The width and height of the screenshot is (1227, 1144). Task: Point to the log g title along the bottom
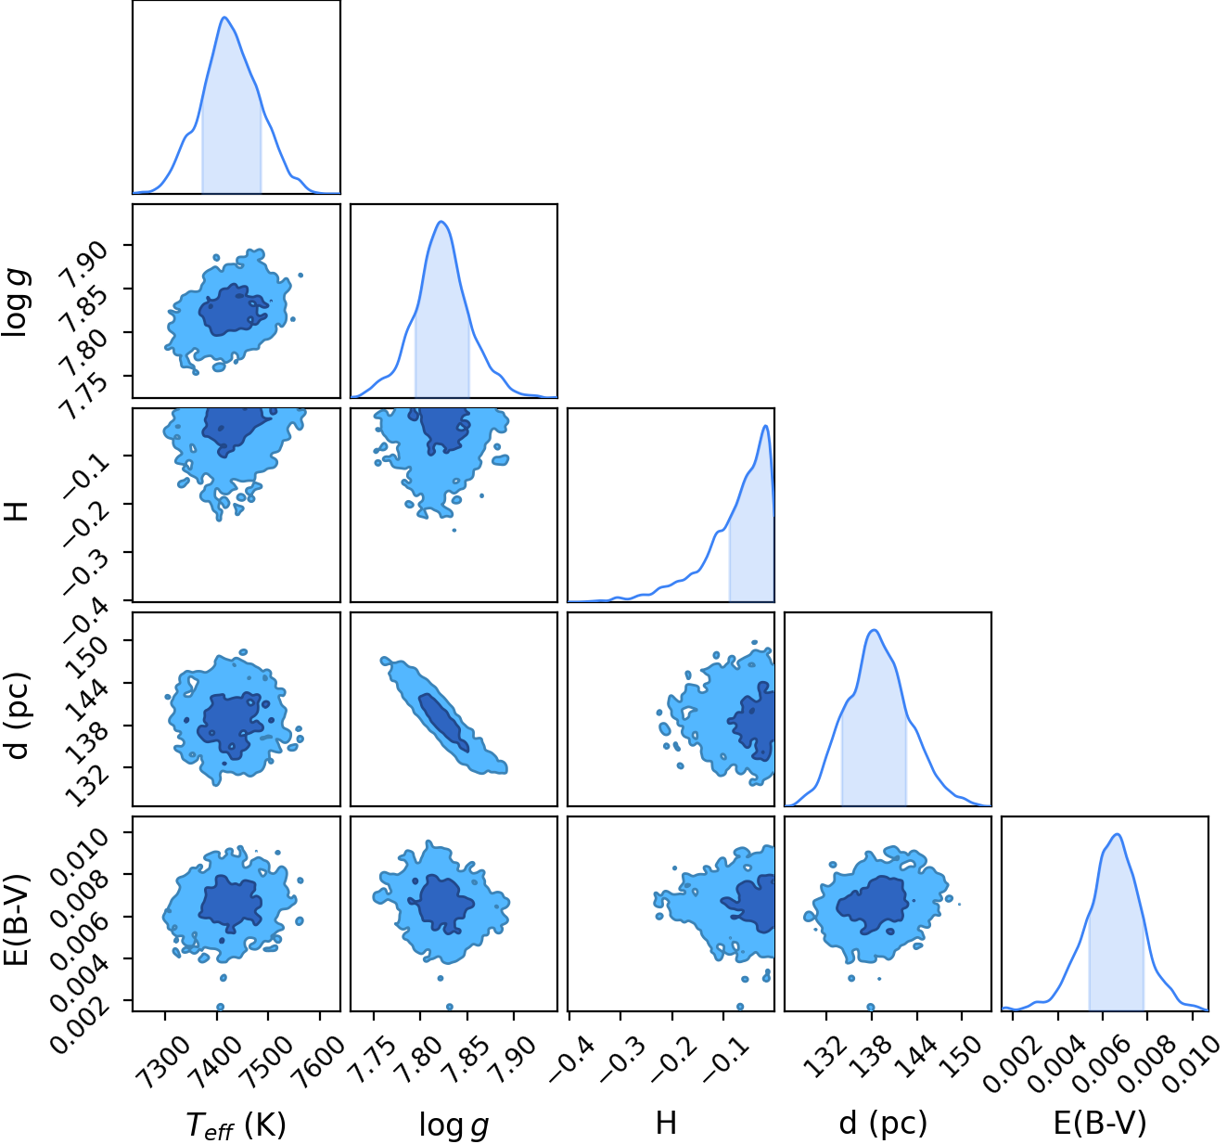[x=454, y=1125]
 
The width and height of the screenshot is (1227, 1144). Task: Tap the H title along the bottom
[x=666, y=1123]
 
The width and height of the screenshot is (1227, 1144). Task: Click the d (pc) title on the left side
[x=18, y=715]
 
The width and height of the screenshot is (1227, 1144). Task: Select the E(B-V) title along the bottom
[x=1100, y=1123]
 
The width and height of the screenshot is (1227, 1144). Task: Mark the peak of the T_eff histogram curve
[x=224, y=18]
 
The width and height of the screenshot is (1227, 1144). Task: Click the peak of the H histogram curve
[x=765, y=426]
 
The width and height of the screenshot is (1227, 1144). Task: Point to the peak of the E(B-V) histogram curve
[x=1117, y=835]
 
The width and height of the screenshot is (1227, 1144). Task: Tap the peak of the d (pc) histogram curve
[x=875, y=630]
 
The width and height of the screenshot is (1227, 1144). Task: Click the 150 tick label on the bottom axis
[x=963, y=1048]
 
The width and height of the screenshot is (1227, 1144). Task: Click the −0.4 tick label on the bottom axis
[x=571, y=1050]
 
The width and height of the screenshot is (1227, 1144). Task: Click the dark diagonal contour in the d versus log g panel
[x=443, y=722]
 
